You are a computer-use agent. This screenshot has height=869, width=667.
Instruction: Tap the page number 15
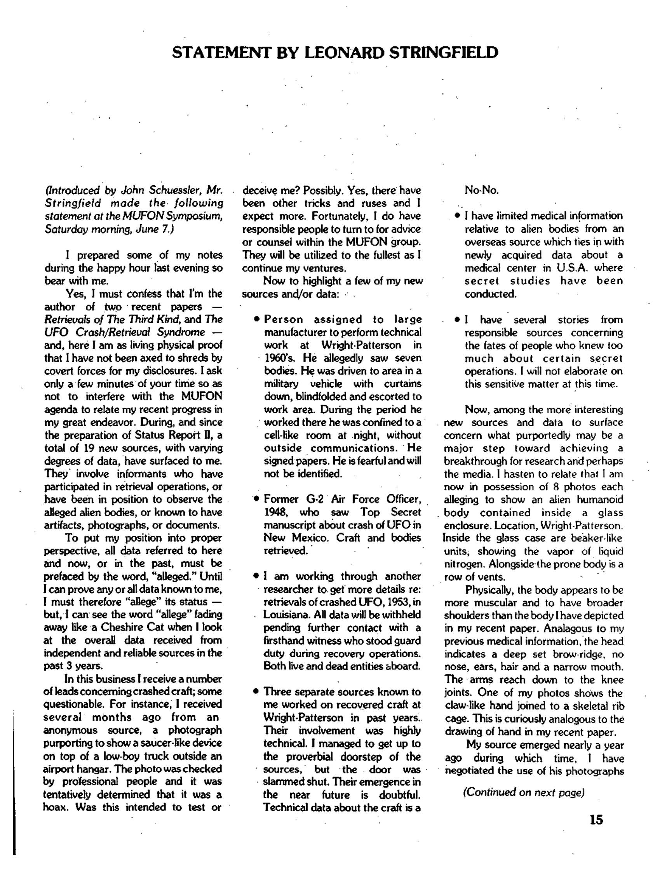click(596, 820)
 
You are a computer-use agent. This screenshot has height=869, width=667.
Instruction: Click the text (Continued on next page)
click(524, 792)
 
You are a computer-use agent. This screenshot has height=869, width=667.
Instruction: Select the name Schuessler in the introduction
click(172, 190)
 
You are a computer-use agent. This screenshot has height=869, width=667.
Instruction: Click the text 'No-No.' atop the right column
click(481, 190)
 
